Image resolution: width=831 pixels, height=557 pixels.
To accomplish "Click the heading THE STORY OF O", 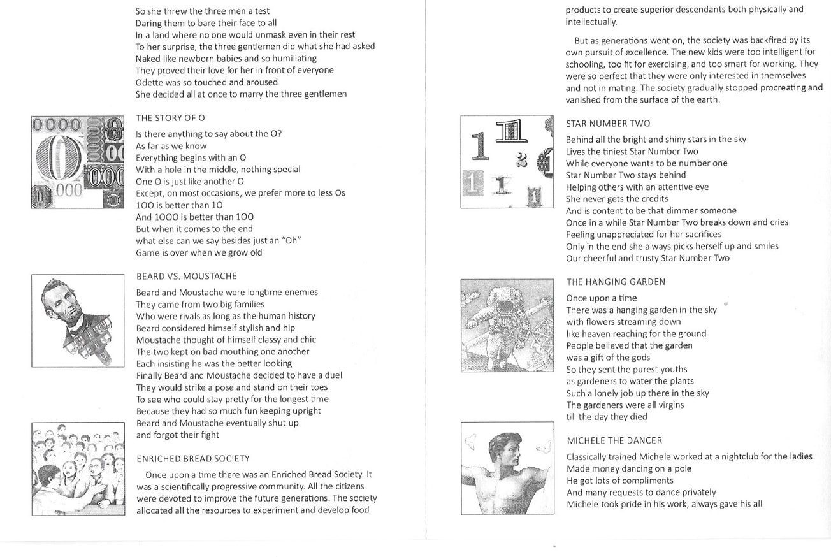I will click(x=170, y=118).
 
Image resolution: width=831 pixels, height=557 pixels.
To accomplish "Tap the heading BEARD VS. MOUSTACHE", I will click(x=186, y=277).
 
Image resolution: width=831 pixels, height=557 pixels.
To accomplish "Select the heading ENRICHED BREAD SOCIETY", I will click(x=193, y=459).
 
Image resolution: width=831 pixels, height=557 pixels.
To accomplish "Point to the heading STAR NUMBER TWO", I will click(x=608, y=124).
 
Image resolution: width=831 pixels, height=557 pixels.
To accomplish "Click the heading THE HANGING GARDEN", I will click(x=616, y=282).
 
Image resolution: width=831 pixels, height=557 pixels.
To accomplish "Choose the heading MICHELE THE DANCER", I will click(x=614, y=440).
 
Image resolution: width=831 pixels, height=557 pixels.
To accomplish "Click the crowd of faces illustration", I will click(x=78, y=468).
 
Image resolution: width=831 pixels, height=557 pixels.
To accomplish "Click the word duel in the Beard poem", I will click(x=333, y=375).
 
